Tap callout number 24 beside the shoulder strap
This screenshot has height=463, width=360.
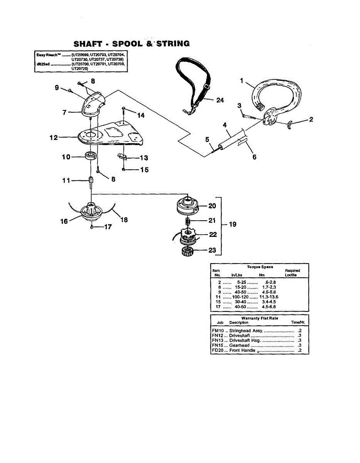pos(220,100)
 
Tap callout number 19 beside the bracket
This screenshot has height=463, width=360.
pos(232,224)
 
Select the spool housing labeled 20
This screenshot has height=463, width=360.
pos(187,205)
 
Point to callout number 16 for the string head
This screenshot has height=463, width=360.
pos(64,221)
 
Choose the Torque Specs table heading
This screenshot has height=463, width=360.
pos(260,267)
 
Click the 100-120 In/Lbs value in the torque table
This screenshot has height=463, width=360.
pos(240,297)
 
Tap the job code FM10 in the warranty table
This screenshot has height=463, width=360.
pos(218,331)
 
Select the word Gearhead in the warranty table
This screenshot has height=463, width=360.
pos(239,345)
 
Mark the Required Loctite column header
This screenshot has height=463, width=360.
pos(292,273)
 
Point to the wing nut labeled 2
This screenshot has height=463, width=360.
pos(290,124)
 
